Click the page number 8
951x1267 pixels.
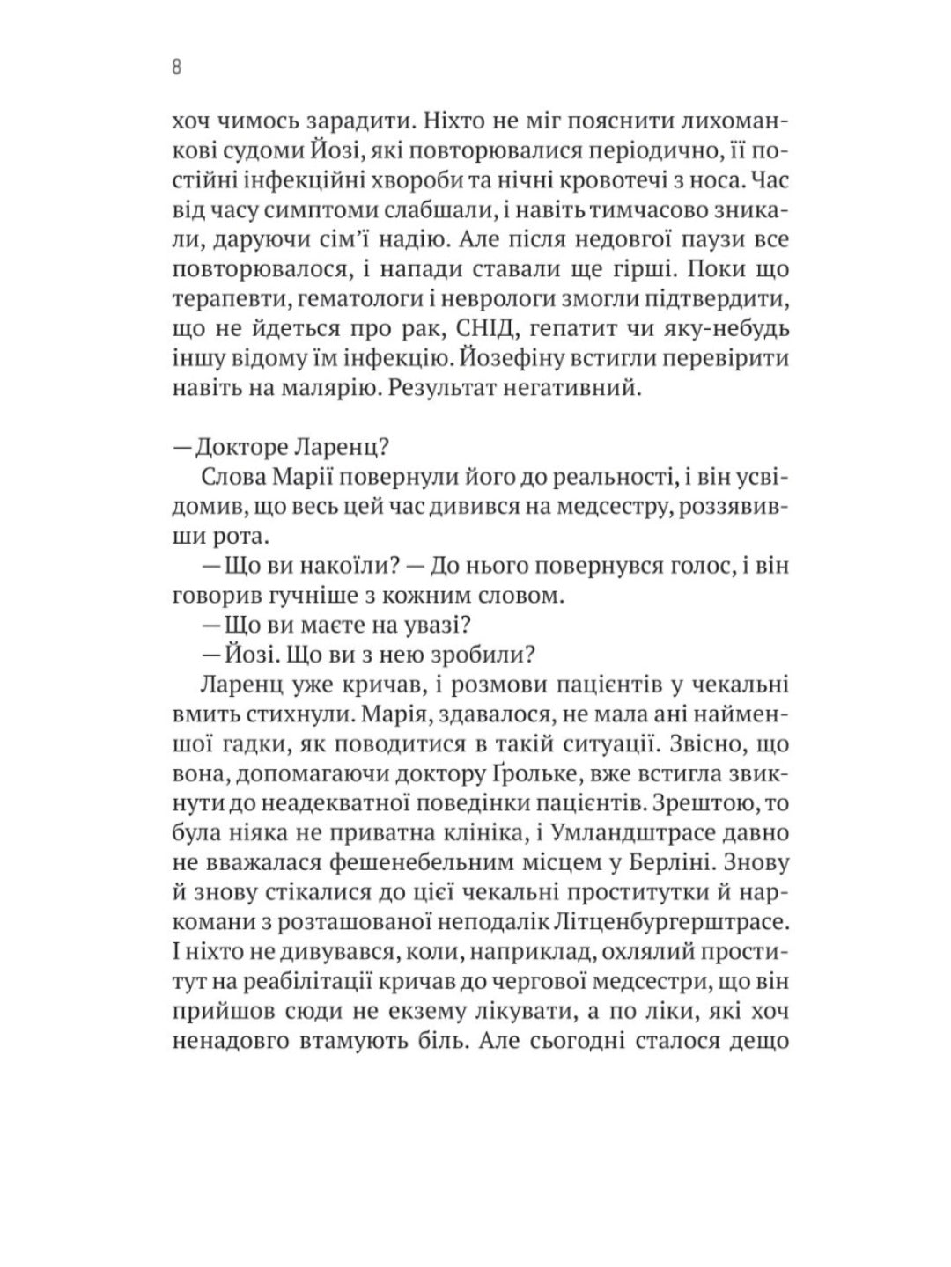(177, 67)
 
